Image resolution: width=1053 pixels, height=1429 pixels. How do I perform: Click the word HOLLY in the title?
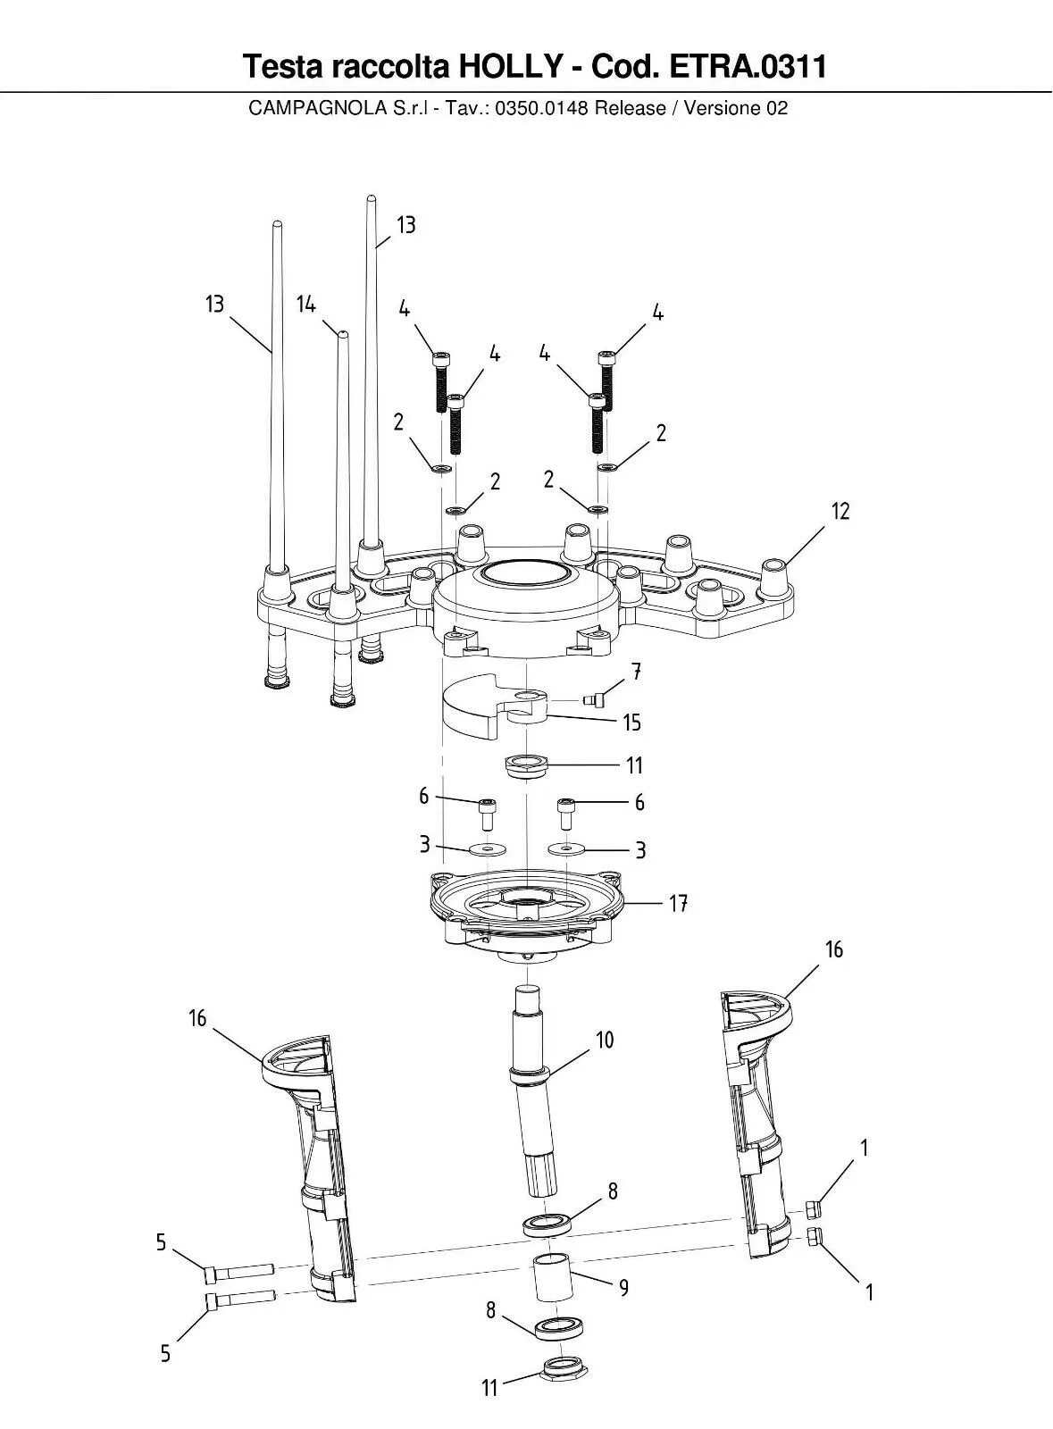click(x=512, y=66)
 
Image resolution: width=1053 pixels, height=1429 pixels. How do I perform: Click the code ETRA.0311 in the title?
click(x=748, y=66)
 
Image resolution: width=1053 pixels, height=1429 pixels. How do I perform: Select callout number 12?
click(x=840, y=511)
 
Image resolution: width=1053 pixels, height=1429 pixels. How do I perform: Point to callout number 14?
click(x=306, y=305)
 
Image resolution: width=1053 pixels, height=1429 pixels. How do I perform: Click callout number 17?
click(x=677, y=903)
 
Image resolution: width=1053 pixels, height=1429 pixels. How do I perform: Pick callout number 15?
click(x=632, y=723)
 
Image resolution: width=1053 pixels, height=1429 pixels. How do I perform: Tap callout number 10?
click(x=605, y=1040)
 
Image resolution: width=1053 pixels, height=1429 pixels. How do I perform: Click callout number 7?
click(x=636, y=671)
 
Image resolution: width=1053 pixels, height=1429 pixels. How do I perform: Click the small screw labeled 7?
click(x=593, y=700)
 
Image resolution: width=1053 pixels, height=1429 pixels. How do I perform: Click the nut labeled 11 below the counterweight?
click(x=527, y=766)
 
